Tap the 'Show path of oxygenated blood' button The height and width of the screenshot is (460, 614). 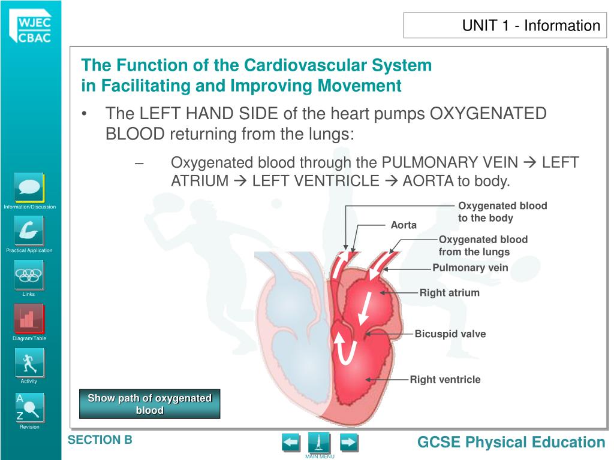tap(150, 404)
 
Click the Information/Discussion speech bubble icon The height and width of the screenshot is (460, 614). tap(29, 187)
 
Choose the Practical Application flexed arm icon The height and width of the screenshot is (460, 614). tap(29, 231)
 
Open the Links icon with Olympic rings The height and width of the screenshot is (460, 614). tap(29, 275)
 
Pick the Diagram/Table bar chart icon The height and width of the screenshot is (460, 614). tap(29, 318)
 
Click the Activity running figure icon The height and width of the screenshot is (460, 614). tap(29, 362)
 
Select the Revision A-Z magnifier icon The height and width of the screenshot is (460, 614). tap(29, 407)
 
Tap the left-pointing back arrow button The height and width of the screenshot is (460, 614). tap(291, 443)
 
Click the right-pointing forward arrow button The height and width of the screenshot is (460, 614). tap(348, 443)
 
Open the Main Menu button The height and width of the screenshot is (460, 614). tap(320, 443)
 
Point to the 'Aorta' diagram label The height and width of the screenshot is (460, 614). tap(404, 225)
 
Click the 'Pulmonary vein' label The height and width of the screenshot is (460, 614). tap(470, 268)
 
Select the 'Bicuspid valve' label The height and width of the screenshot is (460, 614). tap(450, 334)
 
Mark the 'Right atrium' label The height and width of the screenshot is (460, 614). tap(449, 293)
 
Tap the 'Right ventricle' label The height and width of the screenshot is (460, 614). tap(445, 379)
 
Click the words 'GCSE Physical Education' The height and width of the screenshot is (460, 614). tap(511, 443)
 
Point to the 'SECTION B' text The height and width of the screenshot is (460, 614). tap(100, 440)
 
